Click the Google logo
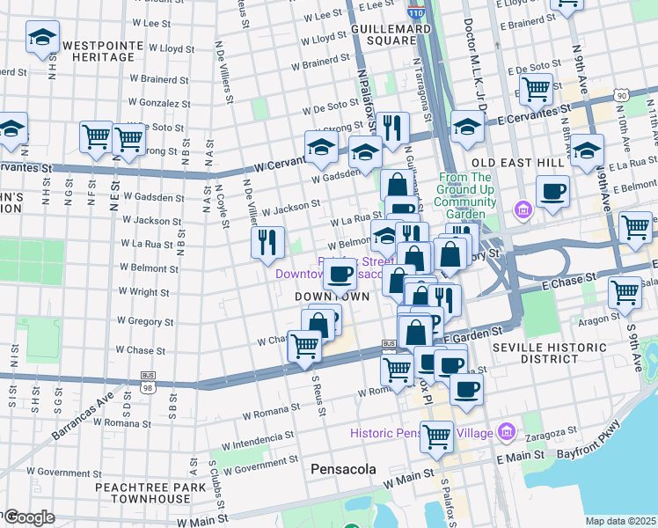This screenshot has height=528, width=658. [28, 517]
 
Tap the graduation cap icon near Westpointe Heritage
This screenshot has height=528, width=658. [41, 39]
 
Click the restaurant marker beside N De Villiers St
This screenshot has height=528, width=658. [267, 241]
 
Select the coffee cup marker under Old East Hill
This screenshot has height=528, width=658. [552, 190]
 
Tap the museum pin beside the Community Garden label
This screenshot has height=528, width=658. [522, 209]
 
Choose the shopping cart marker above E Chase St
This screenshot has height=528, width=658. [624, 291]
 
